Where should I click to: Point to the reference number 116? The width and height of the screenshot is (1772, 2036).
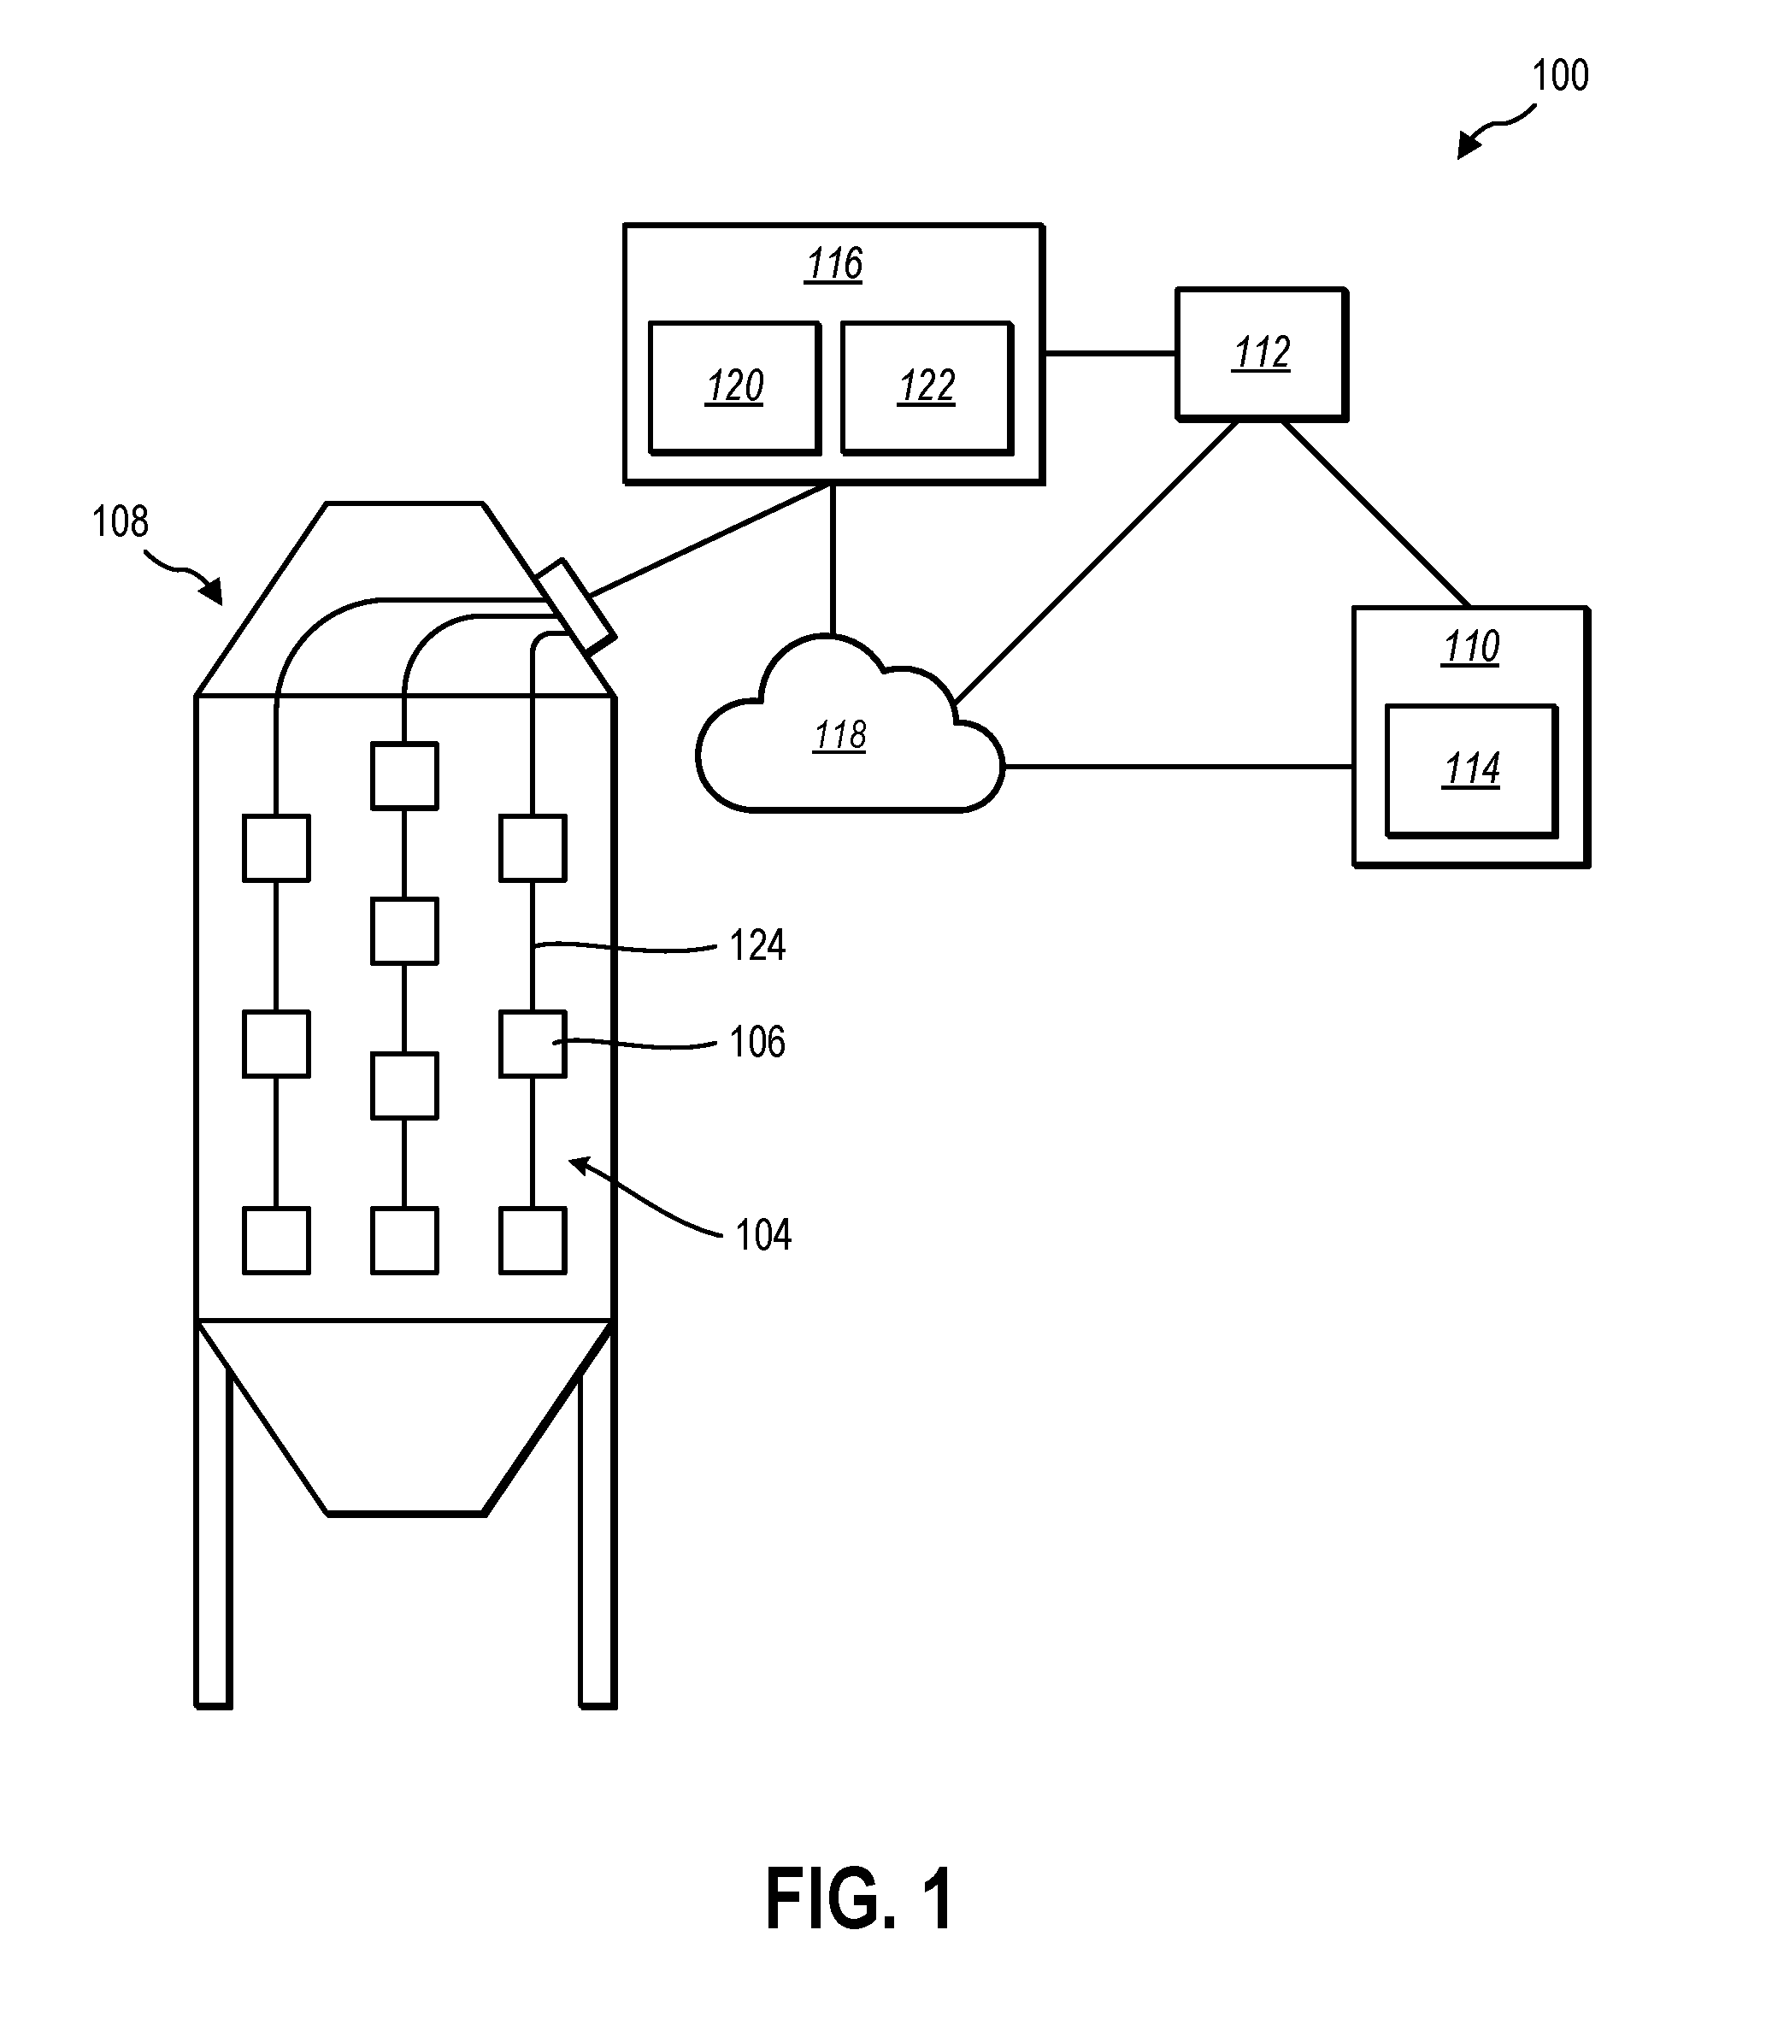(x=833, y=264)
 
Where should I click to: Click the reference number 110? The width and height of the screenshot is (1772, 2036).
(x=1471, y=648)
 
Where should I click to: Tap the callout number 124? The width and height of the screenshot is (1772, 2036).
(x=757, y=945)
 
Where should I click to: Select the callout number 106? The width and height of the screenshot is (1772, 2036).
(x=757, y=1042)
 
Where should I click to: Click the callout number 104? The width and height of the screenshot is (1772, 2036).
(x=763, y=1235)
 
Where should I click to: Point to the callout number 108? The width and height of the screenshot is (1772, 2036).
(x=120, y=521)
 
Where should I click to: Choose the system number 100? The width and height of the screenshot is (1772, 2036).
(x=1560, y=75)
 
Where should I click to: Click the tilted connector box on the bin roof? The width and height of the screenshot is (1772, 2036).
(x=574, y=605)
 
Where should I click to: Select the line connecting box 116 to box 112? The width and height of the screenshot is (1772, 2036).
(x=1110, y=353)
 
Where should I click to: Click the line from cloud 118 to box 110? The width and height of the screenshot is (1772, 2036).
(x=1179, y=767)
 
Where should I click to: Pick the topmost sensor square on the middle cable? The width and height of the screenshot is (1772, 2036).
(x=404, y=776)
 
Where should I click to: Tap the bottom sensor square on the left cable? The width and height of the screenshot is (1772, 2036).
(x=277, y=1240)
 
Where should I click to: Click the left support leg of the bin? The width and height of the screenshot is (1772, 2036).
(x=214, y=1523)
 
